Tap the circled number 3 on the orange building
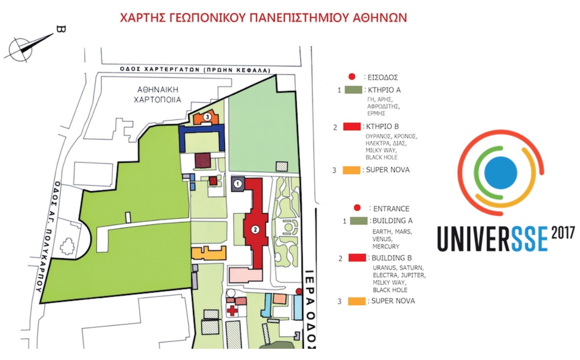208,117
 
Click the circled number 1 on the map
238,184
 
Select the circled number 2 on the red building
255,228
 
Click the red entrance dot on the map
299,291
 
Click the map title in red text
264,18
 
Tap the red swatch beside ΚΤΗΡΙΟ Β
352,127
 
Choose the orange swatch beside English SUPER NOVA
357,301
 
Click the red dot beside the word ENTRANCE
357,208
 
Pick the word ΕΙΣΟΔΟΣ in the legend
386,77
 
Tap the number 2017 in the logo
564,233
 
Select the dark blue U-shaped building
202,137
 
